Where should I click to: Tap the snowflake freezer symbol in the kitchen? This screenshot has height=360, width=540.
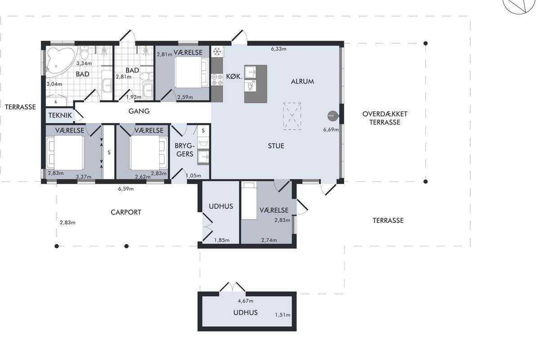pos(217,52)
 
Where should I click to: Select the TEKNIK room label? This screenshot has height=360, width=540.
pos(60,115)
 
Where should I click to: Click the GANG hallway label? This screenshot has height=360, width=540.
pos(139,111)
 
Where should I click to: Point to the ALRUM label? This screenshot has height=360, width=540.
pos(302,81)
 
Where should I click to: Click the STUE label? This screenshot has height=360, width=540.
pos(276,146)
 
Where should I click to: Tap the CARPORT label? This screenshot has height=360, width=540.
pos(126,212)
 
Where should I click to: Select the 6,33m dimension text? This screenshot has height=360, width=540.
pos(279,49)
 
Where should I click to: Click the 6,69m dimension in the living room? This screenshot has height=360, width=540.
pos(331,130)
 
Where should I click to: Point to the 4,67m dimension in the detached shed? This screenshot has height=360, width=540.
pos(245,301)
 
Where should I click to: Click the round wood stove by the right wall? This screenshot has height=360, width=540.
pos(333,116)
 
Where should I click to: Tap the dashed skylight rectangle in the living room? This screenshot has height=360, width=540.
pos(292,116)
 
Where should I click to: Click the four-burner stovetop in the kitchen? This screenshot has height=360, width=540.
pos(217,80)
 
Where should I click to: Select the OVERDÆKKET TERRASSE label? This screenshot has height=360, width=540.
pos(385,118)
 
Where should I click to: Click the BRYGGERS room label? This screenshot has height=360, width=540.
pos(184,150)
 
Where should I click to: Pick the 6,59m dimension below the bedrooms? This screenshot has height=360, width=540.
pos(126,189)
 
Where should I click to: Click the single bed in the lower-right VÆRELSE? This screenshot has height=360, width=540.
pos(249,201)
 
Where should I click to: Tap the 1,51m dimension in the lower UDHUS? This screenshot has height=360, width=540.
pos(283,315)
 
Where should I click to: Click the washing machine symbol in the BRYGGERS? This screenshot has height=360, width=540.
pos(203,143)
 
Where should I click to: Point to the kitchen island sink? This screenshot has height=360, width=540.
pos(250,72)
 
